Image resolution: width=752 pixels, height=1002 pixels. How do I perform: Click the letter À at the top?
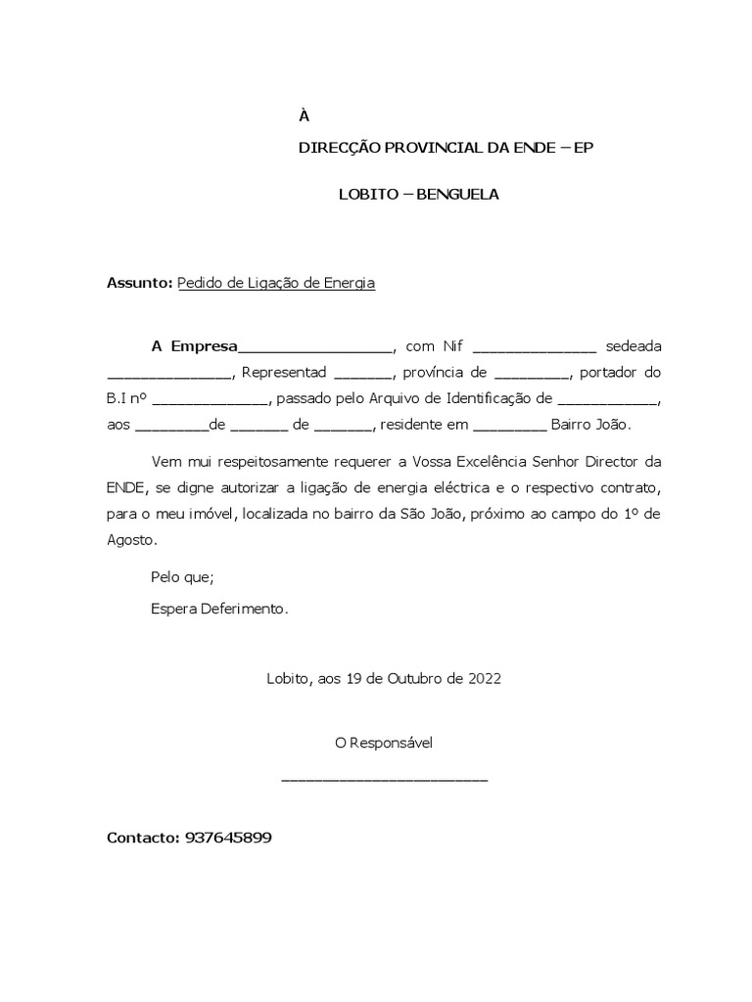(304, 116)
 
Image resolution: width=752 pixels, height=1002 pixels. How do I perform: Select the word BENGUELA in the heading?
(458, 194)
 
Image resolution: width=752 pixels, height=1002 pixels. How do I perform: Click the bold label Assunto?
(139, 283)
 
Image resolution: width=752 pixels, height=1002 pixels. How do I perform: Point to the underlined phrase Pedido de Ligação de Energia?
(276, 283)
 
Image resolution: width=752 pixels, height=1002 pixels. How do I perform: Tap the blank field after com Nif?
(534, 347)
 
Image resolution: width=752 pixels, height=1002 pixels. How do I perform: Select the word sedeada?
(634, 346)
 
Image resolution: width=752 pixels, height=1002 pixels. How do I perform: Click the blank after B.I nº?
(211, 400)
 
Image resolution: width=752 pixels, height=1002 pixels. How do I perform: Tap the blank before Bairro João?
(509, 426)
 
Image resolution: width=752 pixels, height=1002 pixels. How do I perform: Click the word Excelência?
(525, 460)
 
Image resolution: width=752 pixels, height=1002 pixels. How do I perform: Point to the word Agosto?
(130, 539)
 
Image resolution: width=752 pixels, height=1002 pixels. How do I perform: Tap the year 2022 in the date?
(484, 678)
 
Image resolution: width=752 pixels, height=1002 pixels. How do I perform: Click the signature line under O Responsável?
(384, 778)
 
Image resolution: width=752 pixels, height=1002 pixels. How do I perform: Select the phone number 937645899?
(227, 839)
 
